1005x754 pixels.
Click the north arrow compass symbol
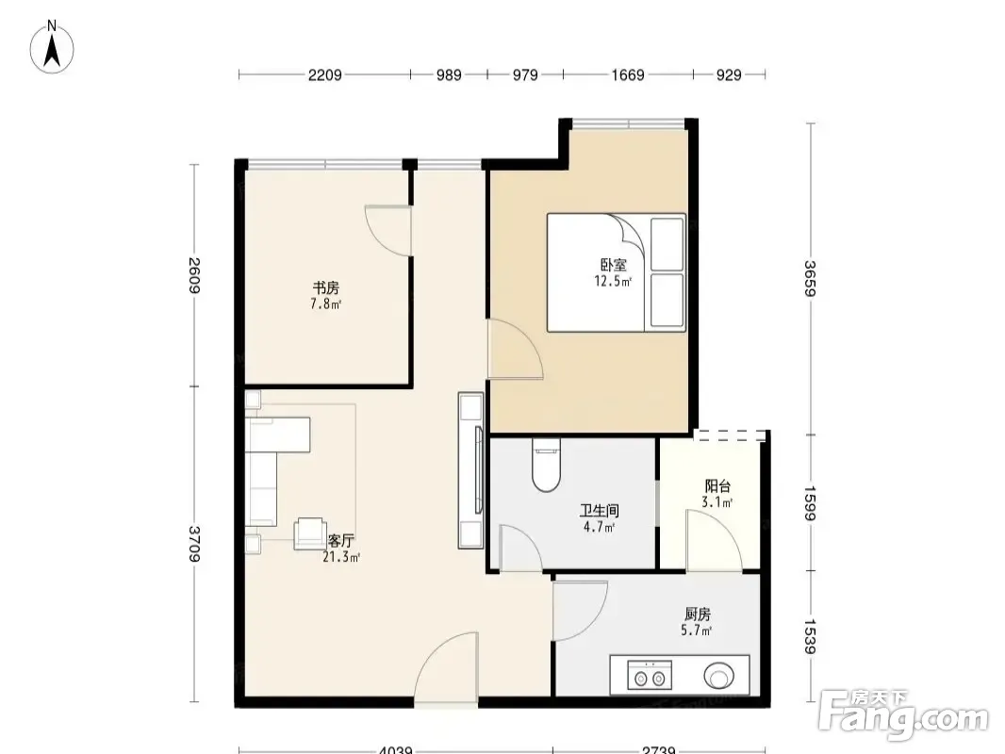(x=52, y=47)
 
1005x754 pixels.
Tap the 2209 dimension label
(x=325, y=75)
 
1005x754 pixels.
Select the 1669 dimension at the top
(x=628, y=75)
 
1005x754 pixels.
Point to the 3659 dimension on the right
(x=810, y=279)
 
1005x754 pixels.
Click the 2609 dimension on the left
(x=194, y=275)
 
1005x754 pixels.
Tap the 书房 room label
(x=325, y=287)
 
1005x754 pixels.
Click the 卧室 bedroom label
(x=614, y=264)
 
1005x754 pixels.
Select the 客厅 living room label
(x=341, y=541)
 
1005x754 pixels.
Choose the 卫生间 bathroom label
(x=600, y=511)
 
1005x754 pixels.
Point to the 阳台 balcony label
(x=717, y=486)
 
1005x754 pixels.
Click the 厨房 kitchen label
(x=697, y=615)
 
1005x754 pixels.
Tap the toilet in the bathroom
(x=546, y=465)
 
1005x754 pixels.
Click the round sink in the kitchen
(x=719, y=676)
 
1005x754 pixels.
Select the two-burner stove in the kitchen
(x=650, y=675)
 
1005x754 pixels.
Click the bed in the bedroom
(x=616, y=272)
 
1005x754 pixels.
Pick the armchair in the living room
(x=310, y=533)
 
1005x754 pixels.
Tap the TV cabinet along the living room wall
(x=470, y=470)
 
